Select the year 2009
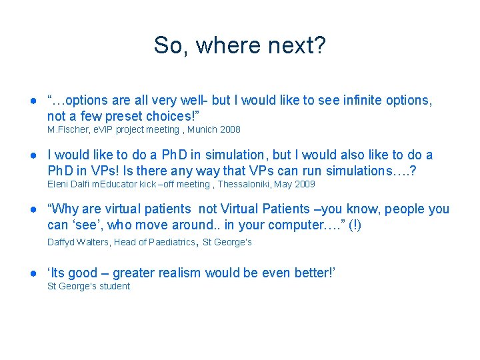(x=304, y=184)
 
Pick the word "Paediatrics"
(x=166, y=242)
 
